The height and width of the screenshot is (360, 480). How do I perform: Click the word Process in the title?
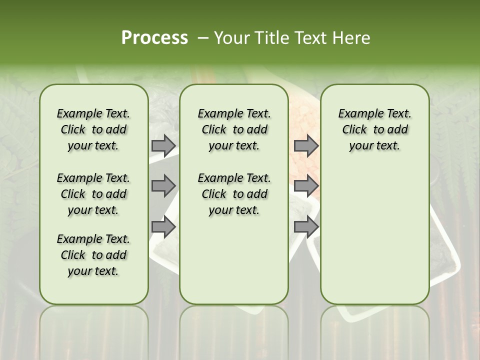154,37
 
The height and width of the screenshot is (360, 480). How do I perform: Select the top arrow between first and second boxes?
163,145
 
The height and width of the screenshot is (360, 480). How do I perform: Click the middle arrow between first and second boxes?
163,186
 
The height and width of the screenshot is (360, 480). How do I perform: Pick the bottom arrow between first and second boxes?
163,226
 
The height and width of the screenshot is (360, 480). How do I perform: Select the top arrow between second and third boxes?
306,145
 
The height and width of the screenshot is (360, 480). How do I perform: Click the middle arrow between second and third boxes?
306,186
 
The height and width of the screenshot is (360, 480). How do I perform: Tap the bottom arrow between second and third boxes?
306,226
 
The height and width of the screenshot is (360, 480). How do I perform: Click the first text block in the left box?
93,129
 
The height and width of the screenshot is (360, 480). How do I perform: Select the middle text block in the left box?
93,194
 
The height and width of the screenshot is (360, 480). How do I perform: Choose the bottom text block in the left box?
93,255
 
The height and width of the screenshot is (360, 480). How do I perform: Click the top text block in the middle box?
234,129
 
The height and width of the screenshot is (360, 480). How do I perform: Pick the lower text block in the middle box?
234,194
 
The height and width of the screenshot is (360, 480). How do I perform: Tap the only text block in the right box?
374,129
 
